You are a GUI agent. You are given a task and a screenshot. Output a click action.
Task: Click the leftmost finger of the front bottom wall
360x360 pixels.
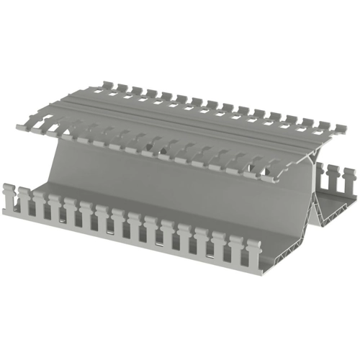9,198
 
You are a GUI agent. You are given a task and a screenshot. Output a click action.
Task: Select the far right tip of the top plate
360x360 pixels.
344,132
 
